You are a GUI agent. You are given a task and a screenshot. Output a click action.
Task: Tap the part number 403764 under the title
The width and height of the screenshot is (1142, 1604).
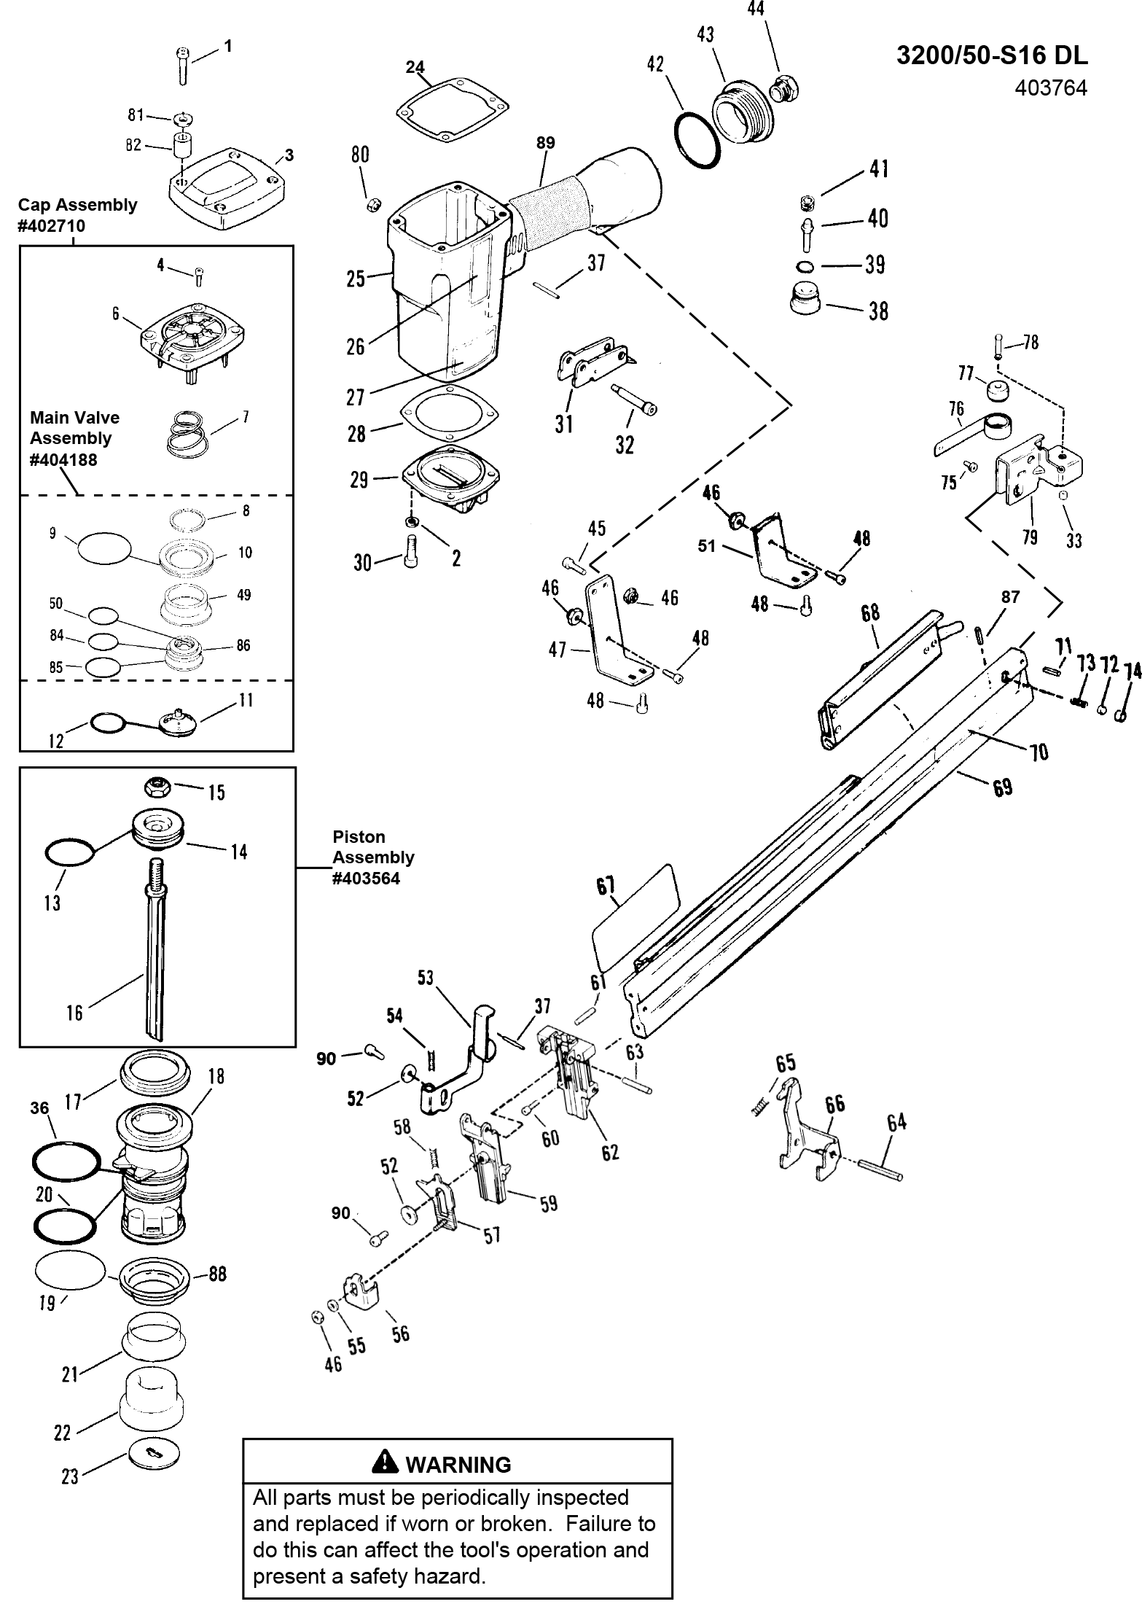coord(1050,88)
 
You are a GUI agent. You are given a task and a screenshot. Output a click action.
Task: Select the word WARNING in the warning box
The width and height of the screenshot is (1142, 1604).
coord(458,1464)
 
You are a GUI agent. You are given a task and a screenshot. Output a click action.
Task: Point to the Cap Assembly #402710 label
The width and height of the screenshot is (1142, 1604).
coord(77,215)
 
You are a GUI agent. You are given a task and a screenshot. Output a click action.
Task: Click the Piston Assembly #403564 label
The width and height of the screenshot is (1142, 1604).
coord(372,857)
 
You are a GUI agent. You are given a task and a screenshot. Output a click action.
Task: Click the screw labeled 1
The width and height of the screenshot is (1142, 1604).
coord(181,66)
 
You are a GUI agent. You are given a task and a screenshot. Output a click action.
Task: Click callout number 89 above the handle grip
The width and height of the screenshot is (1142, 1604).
coord(545,144)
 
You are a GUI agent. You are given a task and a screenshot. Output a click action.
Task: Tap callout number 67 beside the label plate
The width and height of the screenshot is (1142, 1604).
coord(606,886)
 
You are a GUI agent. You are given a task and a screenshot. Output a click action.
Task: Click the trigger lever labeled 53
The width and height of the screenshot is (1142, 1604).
coord(464,1053)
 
